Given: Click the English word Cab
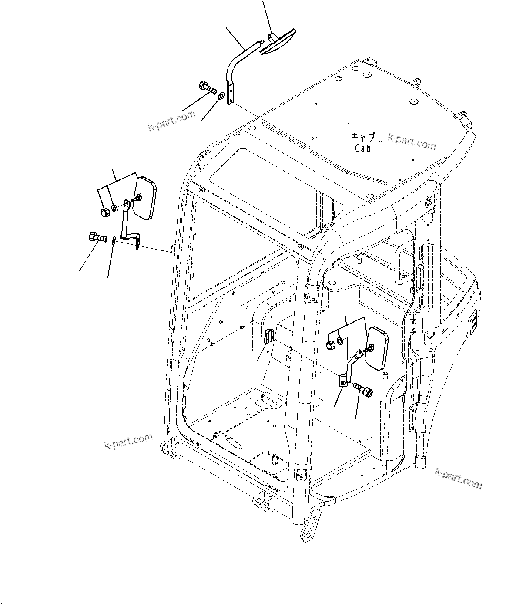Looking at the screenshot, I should click(x=363, y=148).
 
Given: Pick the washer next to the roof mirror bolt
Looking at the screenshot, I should click(x=222, y=95).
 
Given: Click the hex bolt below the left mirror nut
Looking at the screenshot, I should click(x=96, y=238).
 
